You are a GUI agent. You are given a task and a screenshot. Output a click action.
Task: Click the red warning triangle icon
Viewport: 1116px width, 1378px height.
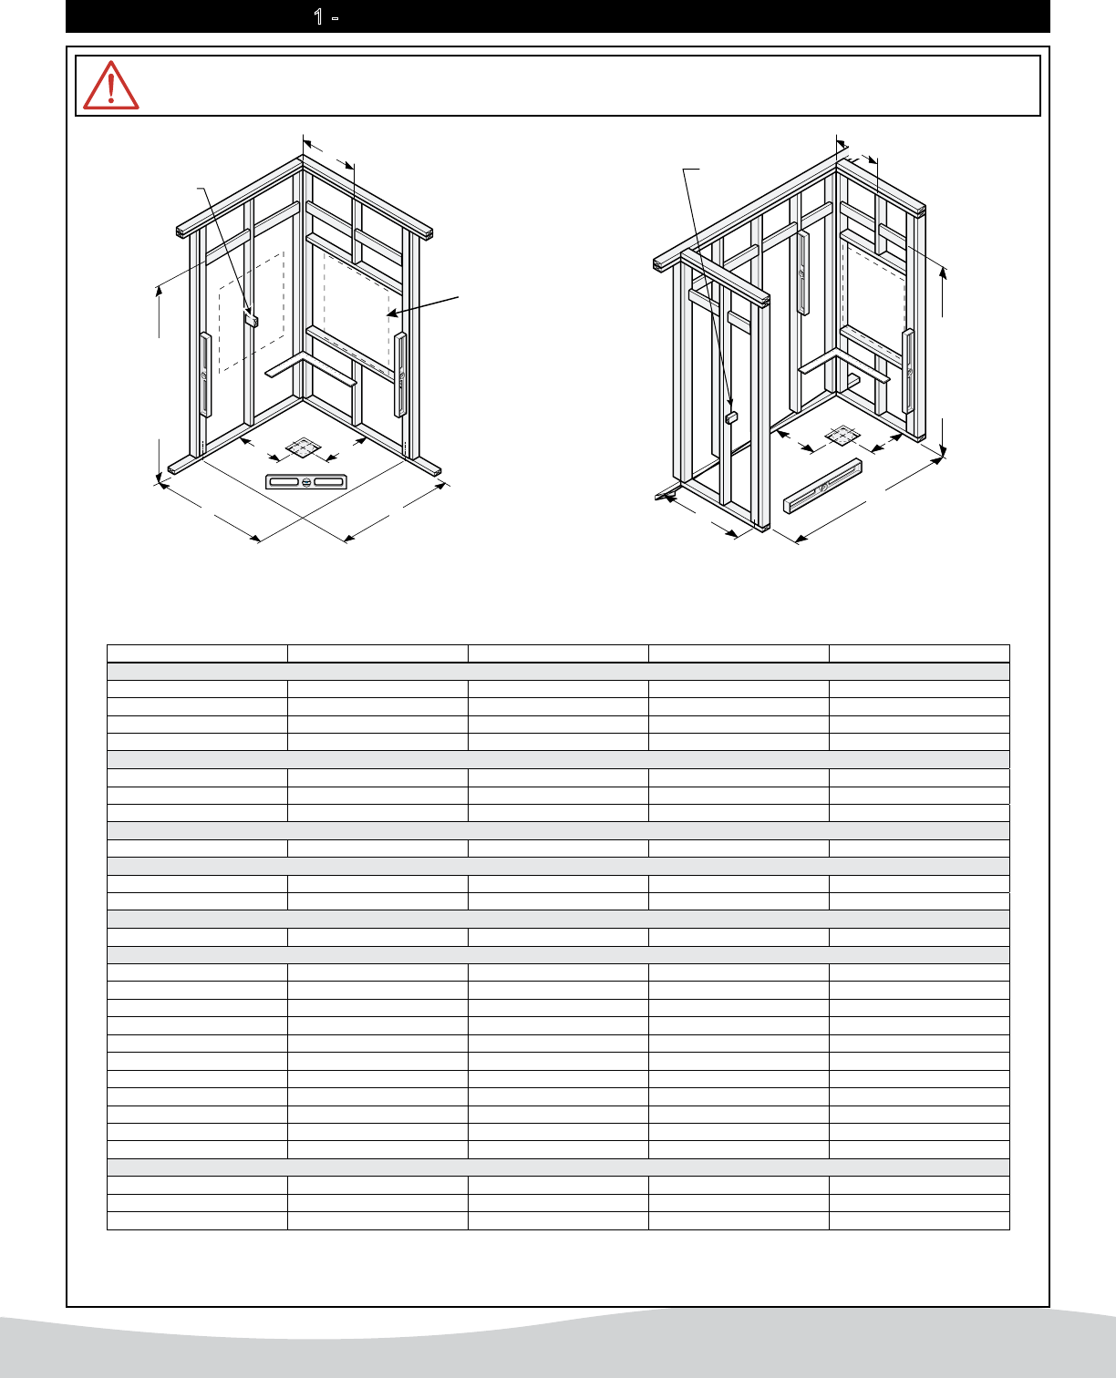coord(110,86)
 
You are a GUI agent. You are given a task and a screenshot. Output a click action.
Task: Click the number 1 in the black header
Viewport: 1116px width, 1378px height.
coord(318,16)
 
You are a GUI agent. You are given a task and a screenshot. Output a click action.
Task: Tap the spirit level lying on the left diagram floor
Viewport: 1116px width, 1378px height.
coord(306,482)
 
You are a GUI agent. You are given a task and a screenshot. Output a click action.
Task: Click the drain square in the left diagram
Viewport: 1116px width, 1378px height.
coord(303,447)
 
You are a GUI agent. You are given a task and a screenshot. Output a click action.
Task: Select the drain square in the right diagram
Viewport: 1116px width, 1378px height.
coord(842,436)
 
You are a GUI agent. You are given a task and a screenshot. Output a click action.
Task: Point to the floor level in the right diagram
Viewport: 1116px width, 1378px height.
coord(822,486)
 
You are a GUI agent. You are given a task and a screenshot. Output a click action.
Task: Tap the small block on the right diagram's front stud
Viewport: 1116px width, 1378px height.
coord(731,418)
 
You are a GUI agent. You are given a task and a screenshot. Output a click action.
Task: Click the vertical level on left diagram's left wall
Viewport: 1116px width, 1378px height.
coord(204,375)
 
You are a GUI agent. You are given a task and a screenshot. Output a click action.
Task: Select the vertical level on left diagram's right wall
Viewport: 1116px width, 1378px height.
coord(400,375)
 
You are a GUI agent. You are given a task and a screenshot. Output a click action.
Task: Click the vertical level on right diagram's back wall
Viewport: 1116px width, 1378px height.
coord(802,273)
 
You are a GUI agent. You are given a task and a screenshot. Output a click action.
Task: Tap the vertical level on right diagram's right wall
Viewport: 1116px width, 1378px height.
coord(908,371)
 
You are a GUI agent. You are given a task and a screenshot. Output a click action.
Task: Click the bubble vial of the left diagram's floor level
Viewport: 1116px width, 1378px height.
coord(306,482)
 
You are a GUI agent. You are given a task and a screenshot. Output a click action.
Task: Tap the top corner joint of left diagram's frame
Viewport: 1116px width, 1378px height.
coord(303,159)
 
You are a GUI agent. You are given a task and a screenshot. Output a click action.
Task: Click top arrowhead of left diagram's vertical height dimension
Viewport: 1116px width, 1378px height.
coord(160,291)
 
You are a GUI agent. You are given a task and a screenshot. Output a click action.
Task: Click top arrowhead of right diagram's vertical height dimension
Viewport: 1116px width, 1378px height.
coord(943,273)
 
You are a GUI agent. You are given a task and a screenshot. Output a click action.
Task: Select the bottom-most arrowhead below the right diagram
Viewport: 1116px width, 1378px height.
coord(801,539)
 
